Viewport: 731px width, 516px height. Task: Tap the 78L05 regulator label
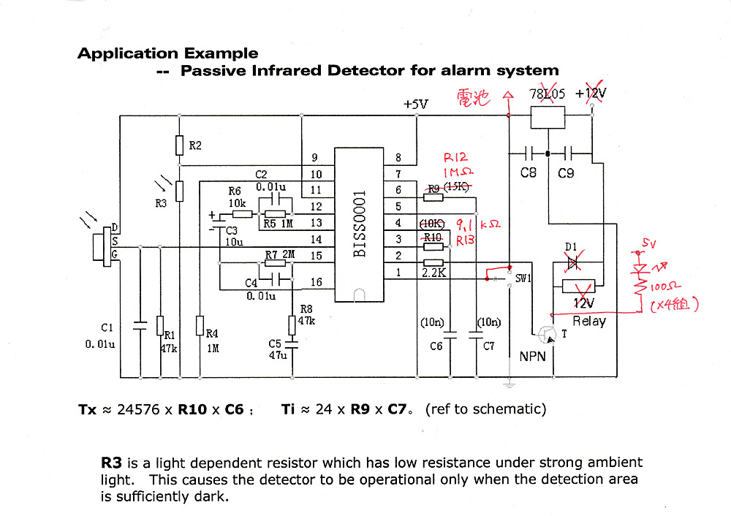pyautogui.click(x=547, y=94)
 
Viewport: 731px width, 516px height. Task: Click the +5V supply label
pyautogui.click(x=415, y=105)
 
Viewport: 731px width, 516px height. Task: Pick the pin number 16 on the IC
pyautogui.click(x=316, y=282)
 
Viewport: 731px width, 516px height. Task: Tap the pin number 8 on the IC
pyautogui.click(x=398, y=157)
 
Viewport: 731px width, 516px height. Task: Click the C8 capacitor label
pyautogui.click(x=528, y=173)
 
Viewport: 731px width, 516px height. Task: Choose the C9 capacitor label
pyautogui.click(x=566, y=173)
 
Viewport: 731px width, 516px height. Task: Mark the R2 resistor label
pyautogui.click(x=195, y=145)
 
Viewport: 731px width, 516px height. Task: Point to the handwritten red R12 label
pyautogui.click(x=455, y=158)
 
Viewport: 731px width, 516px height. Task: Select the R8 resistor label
pyautogui.click(x=306, y=308)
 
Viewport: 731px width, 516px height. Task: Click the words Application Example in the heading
pyautogui.click(x=167, y=53)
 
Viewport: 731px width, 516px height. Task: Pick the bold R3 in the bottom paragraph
pyautogui.click(x=112, y=463)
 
